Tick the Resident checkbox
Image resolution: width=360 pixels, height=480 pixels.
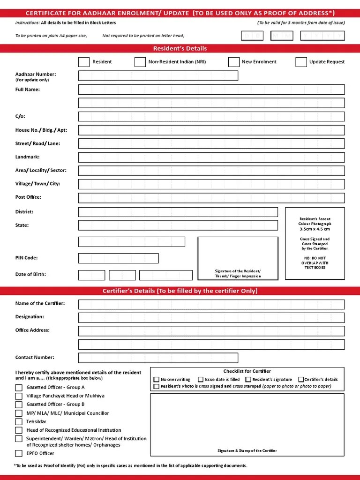[x=83, y=62]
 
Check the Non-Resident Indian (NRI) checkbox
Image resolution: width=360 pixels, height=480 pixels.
[x=140, y=62]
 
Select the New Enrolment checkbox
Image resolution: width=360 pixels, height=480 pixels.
[x=234, y=62]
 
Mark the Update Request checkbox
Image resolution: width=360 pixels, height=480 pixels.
[x=301, y=62]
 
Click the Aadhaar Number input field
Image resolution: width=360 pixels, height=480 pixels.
[x=158, y=76]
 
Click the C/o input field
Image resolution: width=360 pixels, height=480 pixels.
[x=211, y=117]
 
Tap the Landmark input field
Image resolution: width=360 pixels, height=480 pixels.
[x=211, y=157]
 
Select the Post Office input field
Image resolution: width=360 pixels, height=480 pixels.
[x=211, y=198]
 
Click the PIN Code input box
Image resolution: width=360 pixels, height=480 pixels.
[x=118, y=258]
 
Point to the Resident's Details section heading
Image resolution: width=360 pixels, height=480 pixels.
[x=180, y=48]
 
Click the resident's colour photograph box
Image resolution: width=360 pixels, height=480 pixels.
[x=315, y=243]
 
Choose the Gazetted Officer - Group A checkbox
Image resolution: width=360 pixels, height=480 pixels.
[x=19, y=388]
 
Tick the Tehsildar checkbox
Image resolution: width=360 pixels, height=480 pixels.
[x=19, y=422]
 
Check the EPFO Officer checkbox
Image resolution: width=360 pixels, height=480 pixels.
[x=19, y=453]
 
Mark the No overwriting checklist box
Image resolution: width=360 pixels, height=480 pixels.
[x=157, y=380]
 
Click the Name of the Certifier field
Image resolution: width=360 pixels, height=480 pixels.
[x=211, y=304]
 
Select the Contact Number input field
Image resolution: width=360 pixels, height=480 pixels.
[x=211, y=358]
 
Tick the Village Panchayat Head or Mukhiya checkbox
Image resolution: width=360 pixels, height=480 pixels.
[x=19, y=396]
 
